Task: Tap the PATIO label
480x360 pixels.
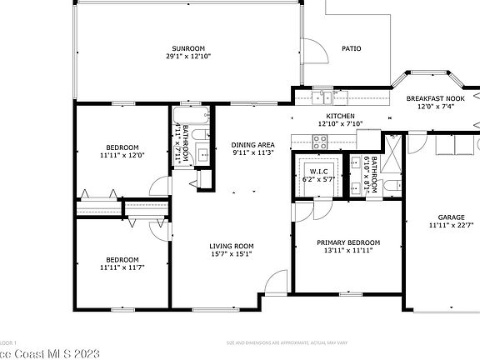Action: coord(352,49)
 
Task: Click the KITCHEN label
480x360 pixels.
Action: coord(340,116)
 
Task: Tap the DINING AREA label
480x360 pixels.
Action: coord(252,145)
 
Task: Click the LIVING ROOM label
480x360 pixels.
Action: coord(231,246)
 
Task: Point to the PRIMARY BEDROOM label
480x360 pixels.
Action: coord(347,242)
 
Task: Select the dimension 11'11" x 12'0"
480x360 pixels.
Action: coord(122,154)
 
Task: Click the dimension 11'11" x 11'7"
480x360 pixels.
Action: coord(122,267)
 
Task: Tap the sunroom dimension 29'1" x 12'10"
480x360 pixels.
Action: coord(188,57)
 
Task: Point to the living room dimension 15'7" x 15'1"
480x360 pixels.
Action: coord(231,254)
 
